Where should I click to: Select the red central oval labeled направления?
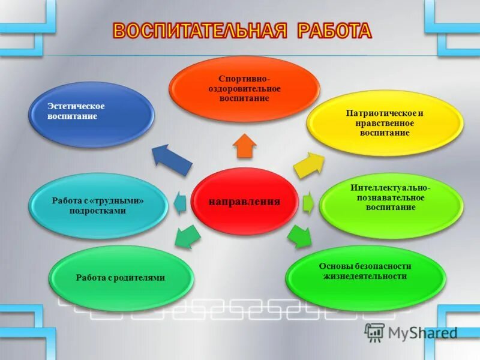pos(244,201)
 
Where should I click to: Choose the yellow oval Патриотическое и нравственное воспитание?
pos(385,122)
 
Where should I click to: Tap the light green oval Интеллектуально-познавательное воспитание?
pos(391,197)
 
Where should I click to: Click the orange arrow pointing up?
pos(245,145)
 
